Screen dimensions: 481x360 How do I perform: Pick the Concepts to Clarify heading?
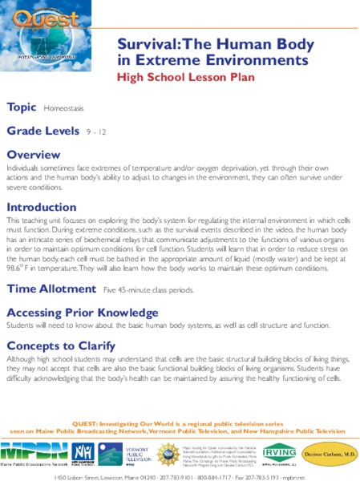63,347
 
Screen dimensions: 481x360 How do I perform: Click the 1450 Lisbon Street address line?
180,476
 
